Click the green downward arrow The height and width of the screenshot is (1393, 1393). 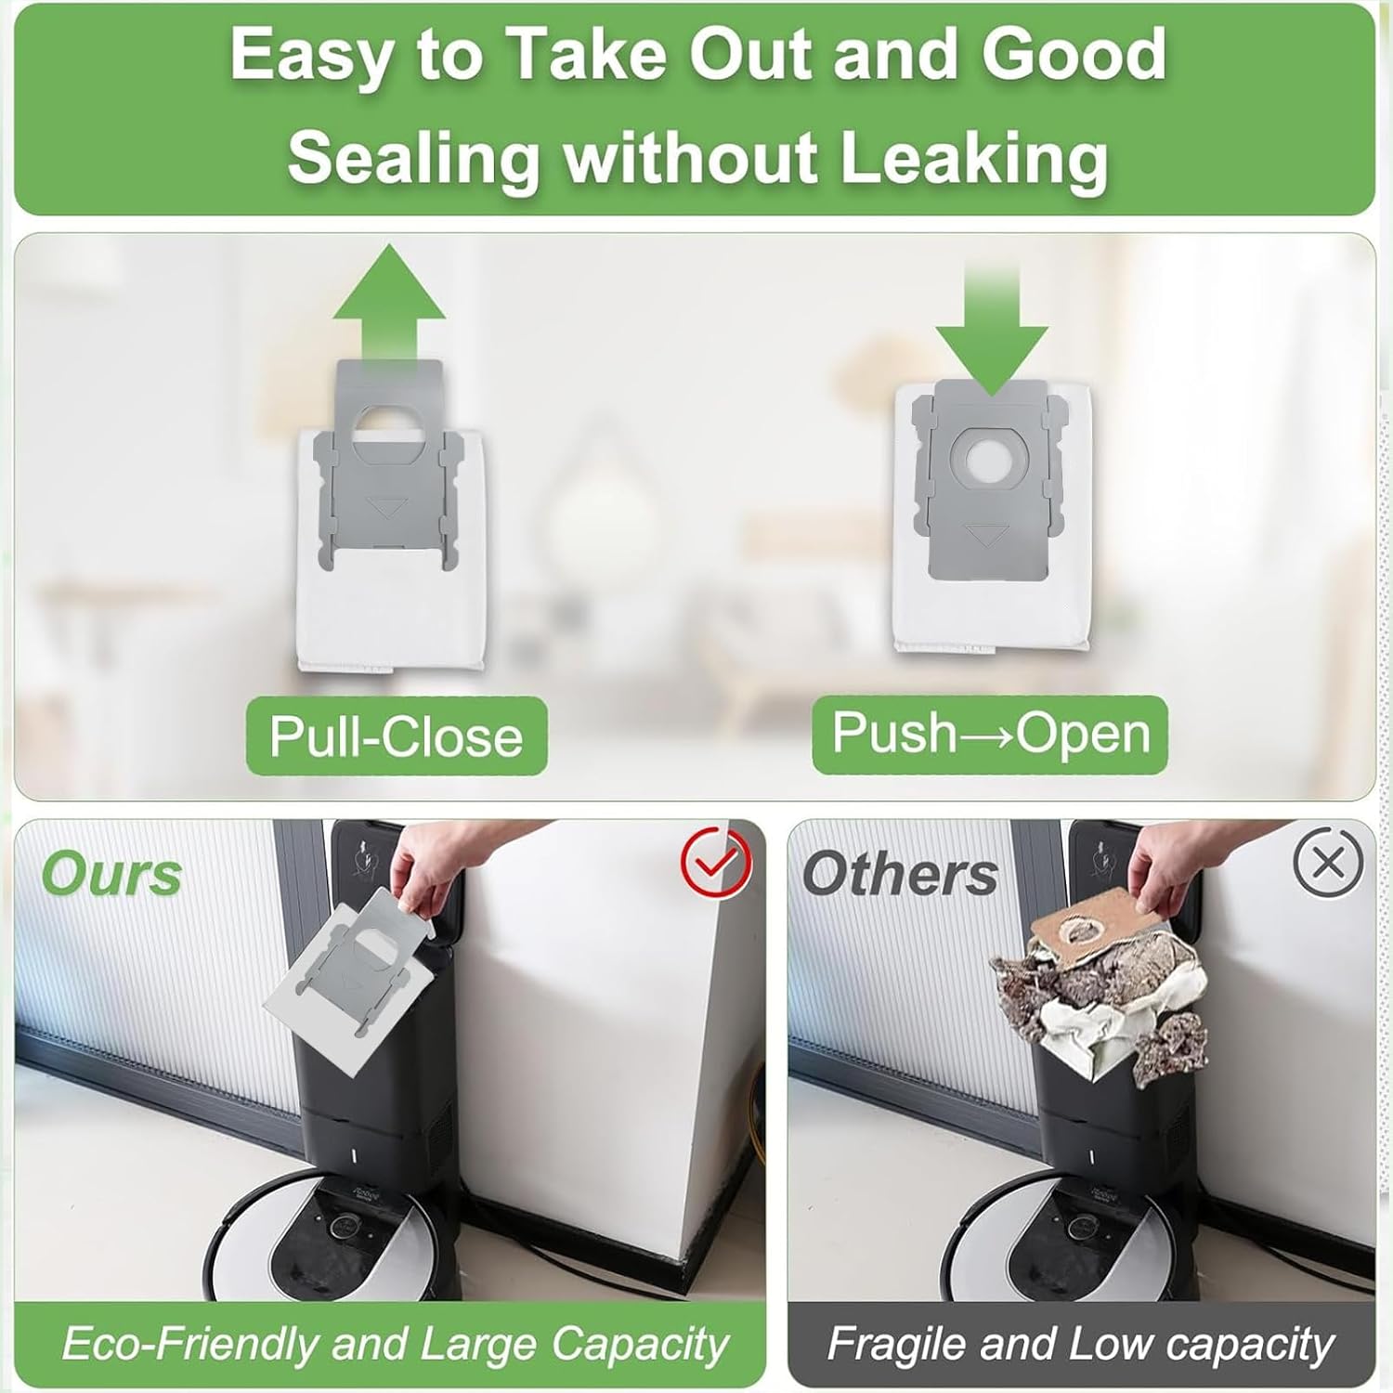(992, 334)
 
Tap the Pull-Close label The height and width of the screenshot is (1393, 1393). (397, 736)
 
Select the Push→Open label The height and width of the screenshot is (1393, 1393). (990, 733)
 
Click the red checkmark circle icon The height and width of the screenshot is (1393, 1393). (716, 863)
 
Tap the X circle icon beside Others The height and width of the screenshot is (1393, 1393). (1328, 863)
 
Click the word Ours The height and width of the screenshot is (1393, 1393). (111, 875)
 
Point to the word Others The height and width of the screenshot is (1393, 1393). (900, 875)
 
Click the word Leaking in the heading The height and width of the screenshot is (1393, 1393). (974, 157)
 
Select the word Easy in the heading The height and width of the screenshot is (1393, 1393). (311, 56)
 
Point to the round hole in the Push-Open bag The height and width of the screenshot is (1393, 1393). (990, 460)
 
